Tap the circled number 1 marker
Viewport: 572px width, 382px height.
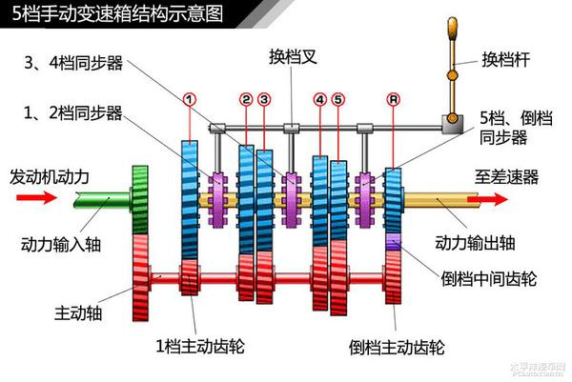coord(190,98)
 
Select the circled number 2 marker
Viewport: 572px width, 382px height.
coord(246,98)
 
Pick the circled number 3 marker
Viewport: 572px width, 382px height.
coord(264,98)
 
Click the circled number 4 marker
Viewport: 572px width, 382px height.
coord(319,98)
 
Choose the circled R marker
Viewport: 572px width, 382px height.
coord(393,98)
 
